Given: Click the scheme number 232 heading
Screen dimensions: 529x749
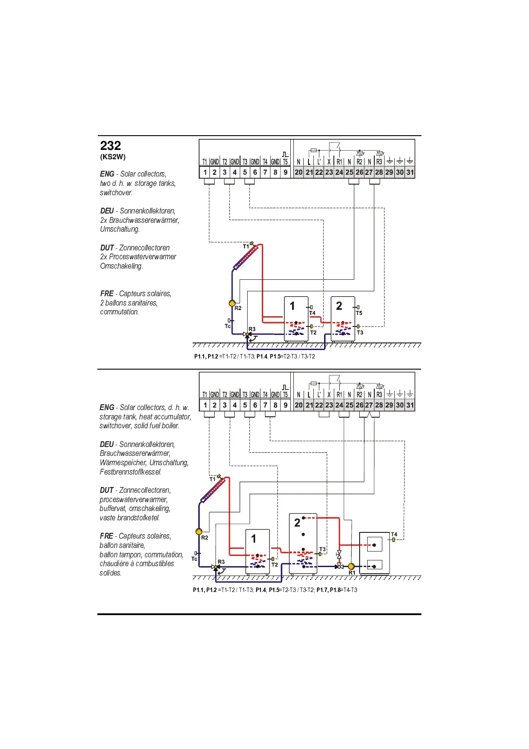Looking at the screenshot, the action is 111,146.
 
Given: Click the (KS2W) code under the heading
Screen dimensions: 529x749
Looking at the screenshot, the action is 113,157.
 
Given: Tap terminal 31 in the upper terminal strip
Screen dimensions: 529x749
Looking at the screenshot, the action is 410,172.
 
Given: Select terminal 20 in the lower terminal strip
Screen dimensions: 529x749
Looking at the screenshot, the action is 298,405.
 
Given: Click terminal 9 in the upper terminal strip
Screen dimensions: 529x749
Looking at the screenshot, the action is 285,172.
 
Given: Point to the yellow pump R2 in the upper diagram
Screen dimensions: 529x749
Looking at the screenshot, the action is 232,303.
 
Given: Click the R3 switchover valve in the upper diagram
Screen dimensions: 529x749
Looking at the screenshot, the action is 248,334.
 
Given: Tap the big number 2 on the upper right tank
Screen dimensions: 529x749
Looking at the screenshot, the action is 339,306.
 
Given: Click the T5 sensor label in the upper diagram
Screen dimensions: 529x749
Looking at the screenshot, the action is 359,313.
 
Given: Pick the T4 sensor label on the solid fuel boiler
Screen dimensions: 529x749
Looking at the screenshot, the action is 394,535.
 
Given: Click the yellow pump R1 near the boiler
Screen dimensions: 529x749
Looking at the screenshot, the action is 351,567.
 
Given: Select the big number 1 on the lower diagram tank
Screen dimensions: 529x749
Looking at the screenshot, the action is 253,539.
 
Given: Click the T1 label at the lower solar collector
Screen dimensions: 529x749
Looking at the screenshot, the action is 212,479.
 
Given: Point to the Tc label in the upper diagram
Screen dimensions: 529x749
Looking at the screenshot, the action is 227,326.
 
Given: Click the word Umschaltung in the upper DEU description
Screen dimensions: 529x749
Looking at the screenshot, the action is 120,230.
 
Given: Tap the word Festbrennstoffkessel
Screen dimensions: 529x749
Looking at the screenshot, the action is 131,472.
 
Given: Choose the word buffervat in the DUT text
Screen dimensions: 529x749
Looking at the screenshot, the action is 112,508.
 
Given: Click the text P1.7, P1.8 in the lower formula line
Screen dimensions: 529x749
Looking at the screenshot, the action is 329,590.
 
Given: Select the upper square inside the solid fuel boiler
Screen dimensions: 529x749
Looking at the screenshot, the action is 374,544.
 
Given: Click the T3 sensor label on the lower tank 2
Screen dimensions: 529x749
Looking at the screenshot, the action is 323,549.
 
